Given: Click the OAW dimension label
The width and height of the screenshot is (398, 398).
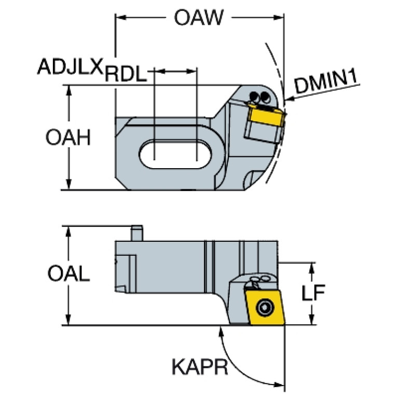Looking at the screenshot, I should click(x=198, y=19).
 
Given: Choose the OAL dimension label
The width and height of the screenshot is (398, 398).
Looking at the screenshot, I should click(x=68, y=273).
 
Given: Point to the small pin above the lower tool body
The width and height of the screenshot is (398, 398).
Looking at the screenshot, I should click(x=136, y=232).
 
